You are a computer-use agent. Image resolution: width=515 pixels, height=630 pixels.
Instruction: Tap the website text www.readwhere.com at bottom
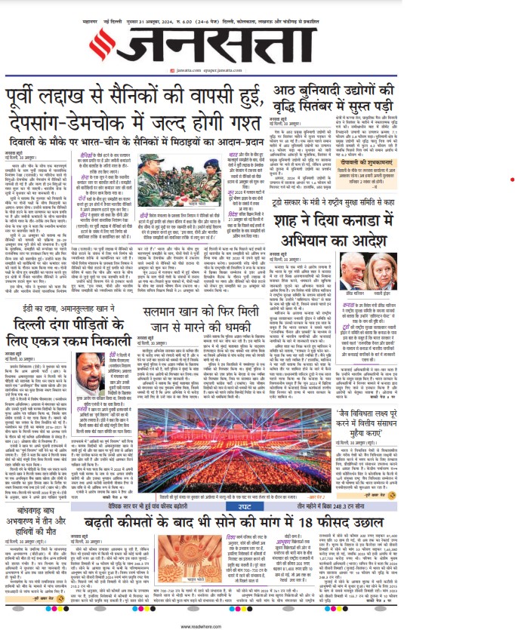coord(257,625)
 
